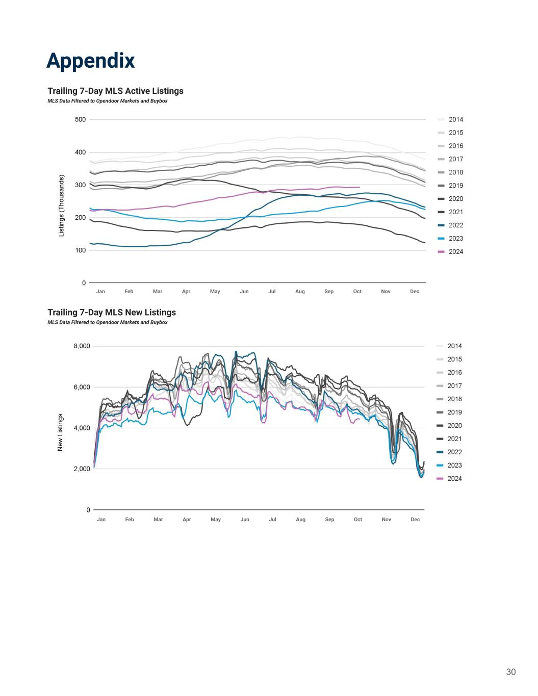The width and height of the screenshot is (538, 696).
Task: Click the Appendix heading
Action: click(91, 61)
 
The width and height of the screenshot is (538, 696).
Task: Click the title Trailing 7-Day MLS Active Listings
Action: click(115, 91)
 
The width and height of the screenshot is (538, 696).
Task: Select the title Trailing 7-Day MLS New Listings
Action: click(111, 312)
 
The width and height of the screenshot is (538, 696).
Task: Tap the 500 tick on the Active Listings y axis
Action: click(80, 120)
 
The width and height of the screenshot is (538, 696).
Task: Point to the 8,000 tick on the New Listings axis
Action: click(82, 346)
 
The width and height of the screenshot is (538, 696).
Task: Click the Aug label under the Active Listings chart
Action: click(300, 292)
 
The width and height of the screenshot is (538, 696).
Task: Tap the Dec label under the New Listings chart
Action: click(415, 520)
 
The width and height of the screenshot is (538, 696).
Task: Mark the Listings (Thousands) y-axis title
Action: click(62, 206)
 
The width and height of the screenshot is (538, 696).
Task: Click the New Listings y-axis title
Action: click(60, 432)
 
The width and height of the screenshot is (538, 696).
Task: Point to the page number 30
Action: click(510, 672)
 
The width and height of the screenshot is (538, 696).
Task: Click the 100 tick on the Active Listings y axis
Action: click(80, 250)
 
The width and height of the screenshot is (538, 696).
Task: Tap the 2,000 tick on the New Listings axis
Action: click(82, 469)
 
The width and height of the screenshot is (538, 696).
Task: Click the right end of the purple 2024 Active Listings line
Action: click(360, 187)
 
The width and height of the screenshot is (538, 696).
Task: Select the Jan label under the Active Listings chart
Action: click(100, 292)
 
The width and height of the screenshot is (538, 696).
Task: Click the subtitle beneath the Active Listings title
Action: click(108, 101)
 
